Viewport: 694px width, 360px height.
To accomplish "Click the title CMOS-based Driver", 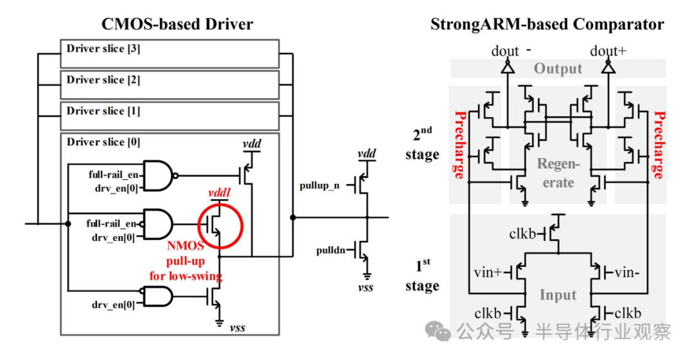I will tap(177, 24).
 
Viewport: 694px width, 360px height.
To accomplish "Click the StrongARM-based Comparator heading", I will tap(547, 24).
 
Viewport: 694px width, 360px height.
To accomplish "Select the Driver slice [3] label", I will tap(95, 50).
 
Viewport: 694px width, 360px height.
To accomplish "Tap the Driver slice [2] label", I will tap(95, 80).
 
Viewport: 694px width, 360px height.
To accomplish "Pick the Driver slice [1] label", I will tap(95, 111).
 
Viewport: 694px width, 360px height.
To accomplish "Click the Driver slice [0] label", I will tap(95, 142).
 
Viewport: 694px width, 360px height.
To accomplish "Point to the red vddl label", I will tap(220, 194).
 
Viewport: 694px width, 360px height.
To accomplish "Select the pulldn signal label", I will tap(330, 251).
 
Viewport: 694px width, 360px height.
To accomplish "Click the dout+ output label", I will tap(608, 51).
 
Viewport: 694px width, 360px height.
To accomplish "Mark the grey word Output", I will tap(558, 69).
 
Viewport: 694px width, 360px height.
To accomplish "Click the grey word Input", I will tap(557, 295).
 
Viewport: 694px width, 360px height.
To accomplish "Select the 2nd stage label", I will tap(422, 144).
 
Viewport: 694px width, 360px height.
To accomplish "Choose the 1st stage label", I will tap(422, 275).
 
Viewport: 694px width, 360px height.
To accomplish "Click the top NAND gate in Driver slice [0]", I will tap(158, 174).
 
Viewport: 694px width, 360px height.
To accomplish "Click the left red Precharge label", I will tap(460, 145).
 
